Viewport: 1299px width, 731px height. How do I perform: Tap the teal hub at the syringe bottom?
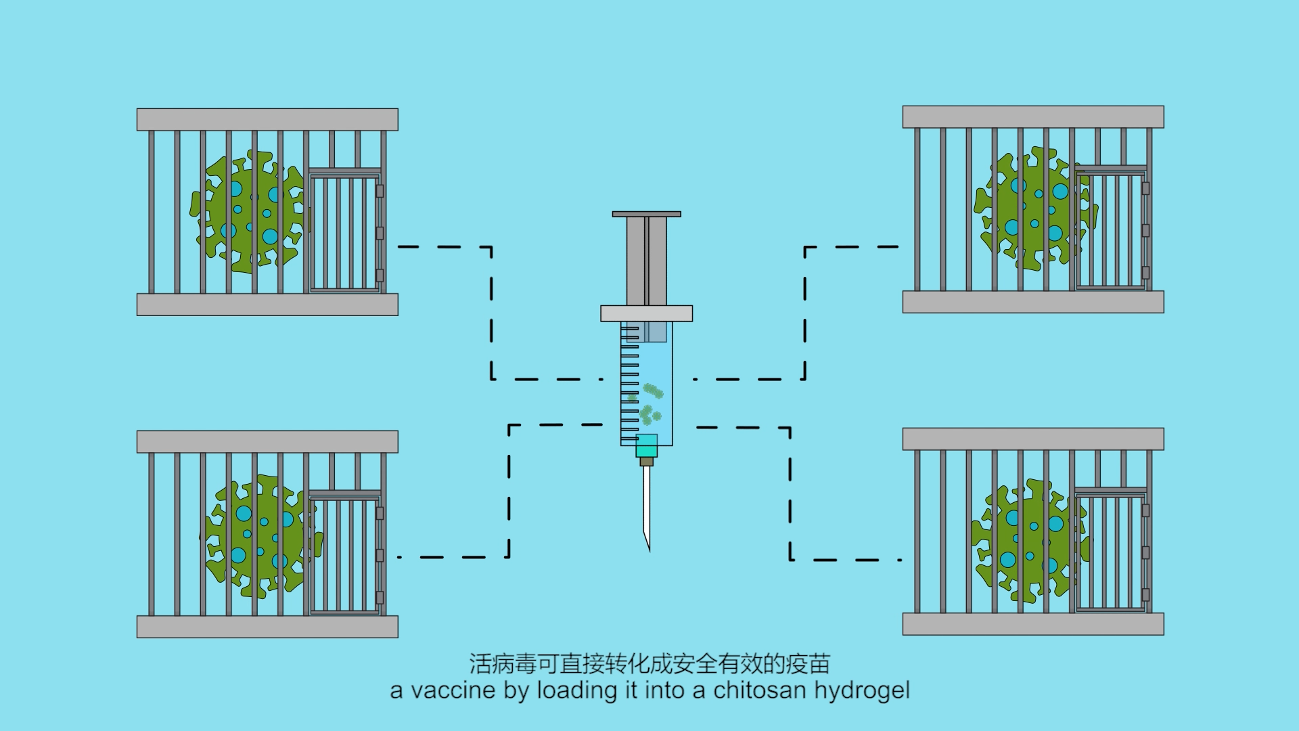(647, 446)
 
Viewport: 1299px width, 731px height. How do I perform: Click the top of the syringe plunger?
(646, 214)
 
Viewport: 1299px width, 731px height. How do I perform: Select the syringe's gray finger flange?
(646, 313)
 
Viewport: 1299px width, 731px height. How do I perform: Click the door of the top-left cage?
(345, 232)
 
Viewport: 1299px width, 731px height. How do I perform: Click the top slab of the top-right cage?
(1033, 117)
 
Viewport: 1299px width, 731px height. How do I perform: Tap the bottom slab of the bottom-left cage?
(267, 627)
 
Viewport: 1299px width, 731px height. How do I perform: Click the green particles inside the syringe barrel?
(649, 403)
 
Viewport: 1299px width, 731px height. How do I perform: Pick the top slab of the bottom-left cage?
(267, 442)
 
